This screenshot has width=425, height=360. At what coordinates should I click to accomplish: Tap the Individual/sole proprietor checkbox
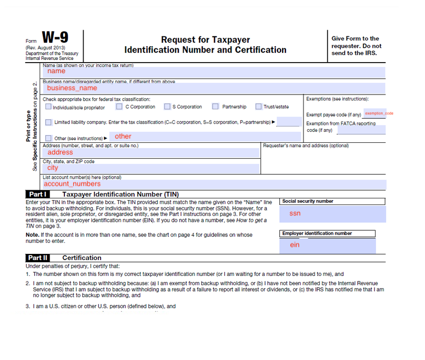[48, 107]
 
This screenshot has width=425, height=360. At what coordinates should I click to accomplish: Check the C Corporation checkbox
[119, 107]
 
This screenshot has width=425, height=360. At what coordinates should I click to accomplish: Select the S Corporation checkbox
[167, 107]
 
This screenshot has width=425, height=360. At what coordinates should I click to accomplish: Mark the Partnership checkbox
[215, 107]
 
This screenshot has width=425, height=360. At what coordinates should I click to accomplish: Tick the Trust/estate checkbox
[258, 107]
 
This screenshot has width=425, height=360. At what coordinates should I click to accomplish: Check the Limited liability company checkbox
[48, 122]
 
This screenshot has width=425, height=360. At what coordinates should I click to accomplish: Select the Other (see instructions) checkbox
[48, 138]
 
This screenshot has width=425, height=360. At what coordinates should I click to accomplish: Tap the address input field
[151, 152]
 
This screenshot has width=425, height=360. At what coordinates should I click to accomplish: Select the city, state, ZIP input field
[151, 168]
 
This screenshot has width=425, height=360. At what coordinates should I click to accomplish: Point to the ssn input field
[328, 214]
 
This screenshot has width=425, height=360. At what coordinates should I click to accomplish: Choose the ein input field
[328, 245]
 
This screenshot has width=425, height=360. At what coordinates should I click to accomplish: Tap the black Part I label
[37, 194]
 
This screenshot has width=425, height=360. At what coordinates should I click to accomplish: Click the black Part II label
[38, 257]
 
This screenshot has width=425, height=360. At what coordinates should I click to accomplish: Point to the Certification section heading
[82, 258]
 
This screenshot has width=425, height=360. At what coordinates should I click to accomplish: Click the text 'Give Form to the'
[355, 38]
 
